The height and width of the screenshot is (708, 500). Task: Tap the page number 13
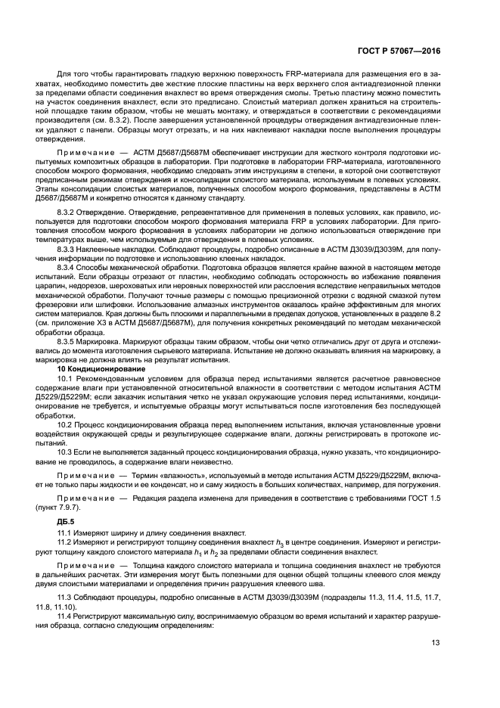coord(435,643)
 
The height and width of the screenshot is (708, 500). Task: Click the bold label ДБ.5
coord(67,522)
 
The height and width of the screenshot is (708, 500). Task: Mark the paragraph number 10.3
coord(66,452)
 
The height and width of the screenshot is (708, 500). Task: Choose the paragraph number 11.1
coord(66,533)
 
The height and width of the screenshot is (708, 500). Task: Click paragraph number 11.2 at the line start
coord(66,542)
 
